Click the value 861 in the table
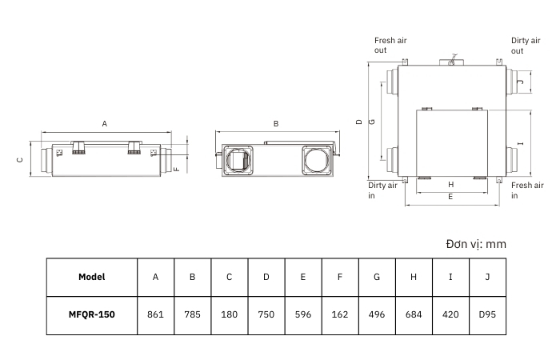pos(155,314)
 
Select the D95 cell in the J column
pos(487,314)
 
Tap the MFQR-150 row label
pos(92,314)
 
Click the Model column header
pos(92,277)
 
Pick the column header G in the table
pos(377,277)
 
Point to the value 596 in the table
pos(303,314)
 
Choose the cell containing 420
pos(450,314)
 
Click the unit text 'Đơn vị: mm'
pos(476,244)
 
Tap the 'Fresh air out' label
pos(390,46)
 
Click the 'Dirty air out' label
pos(526,46)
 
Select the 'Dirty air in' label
pos(382,190)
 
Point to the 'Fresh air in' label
pos(527,190)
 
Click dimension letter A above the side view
pos(104,123)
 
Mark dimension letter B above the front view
pos(276,123)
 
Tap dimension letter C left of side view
pos(20,160)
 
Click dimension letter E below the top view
pos(450,197)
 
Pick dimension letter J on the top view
pos(521,82)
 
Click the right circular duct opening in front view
pos(316,160)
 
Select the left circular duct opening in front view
pos(238,160)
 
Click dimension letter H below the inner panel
pos(450,185)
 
